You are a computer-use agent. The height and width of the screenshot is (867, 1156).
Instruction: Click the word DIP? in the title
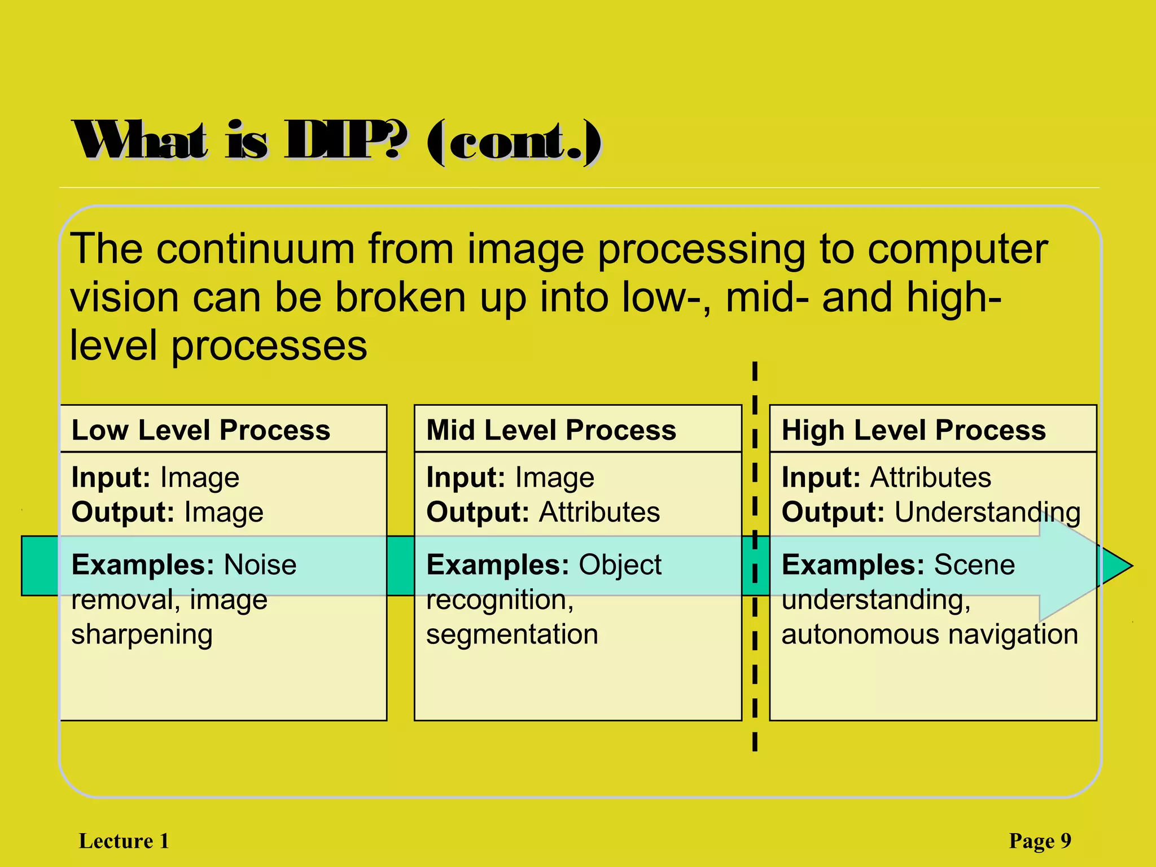click(x=344, y=141)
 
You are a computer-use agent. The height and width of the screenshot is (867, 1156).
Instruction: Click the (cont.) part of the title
click(x=514, y=142)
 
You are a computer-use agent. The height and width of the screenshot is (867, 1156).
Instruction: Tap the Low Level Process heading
click(x=200, y=430)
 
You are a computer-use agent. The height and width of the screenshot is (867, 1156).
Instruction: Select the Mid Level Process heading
click(x=551, y=430)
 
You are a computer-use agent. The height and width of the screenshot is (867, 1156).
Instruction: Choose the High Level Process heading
click(x=913, y=430)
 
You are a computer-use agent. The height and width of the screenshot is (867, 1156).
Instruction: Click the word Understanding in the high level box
click(x=987, y=513)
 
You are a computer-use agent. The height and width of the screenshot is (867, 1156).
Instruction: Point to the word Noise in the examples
click(x=260, y=565)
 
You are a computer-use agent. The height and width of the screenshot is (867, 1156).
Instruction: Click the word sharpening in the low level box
click(x=142, y=635)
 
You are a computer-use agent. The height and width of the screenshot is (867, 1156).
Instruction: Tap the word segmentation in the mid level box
click(x=512, y=635)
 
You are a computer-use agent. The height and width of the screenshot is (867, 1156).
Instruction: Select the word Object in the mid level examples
click(x=620, y=565)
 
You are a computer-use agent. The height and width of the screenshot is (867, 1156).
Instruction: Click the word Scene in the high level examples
click(x=974, y=565)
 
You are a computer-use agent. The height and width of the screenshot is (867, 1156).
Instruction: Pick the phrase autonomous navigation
click(x=930, y=635)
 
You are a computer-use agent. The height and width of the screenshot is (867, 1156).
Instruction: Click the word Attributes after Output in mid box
click(x=599, y=513)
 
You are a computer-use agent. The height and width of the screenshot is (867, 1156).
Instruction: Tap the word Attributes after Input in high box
click(x=930, y=478)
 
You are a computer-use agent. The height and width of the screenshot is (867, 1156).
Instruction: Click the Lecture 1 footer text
click(x=124, y=841)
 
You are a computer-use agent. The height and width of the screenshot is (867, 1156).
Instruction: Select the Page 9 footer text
click(x=1040, y=841)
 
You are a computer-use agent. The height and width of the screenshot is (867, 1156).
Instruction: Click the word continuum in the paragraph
click(x=255, y=249)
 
